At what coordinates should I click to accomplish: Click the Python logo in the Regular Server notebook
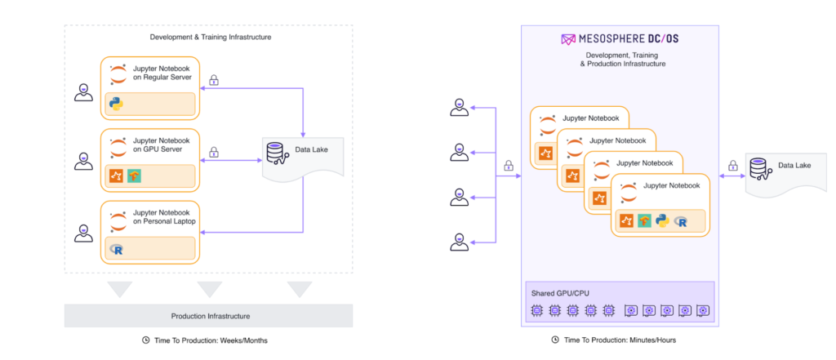[116, 104]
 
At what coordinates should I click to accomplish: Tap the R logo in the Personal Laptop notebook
[116, 249]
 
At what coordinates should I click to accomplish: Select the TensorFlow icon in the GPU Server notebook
[135, 176]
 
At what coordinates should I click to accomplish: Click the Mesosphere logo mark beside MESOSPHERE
[568, 39]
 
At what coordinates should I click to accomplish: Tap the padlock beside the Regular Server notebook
[214, 80]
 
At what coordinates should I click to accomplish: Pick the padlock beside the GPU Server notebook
[214, 152]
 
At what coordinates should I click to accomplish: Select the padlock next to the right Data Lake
[733, 165]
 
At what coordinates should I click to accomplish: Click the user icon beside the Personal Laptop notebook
[83, 233]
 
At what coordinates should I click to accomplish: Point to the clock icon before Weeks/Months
[146, 340]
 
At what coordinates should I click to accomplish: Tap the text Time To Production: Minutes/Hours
[620, 340]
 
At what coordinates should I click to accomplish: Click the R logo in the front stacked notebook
[680, 220]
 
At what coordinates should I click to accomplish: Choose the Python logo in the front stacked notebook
[663, 220]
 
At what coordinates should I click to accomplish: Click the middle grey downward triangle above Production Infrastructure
[210, 289]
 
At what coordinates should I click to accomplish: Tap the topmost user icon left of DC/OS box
[459, 107]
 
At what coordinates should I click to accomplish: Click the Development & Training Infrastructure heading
[211, 38]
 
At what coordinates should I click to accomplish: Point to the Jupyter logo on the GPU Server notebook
[118, 148]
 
